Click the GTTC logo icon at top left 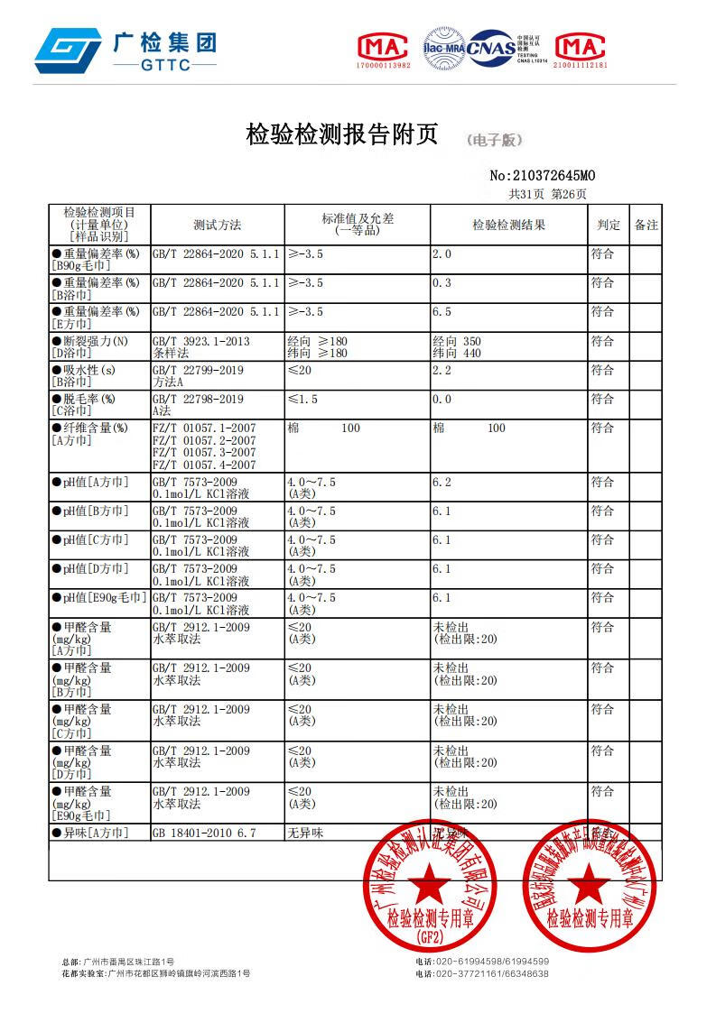coord(67,50)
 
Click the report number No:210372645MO coord(542,176)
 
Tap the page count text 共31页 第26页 coord(547,194)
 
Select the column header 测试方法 coord(217,225)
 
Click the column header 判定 coord(608,225)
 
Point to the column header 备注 coord(646,225)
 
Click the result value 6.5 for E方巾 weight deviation coord(442,312)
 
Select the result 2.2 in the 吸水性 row coord(442,371)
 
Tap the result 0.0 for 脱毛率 coord(442,400)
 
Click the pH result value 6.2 coord(442,483)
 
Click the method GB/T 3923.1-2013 coord(200,342)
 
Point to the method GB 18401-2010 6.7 coord(204,833)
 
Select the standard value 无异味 coord(304,833)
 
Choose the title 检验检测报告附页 coord(341,135)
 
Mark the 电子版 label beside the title coord(494,141)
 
